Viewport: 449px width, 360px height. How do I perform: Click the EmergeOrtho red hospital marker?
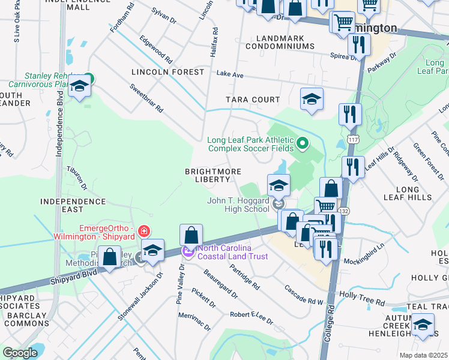143,231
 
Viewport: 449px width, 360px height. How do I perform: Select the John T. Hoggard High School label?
238,205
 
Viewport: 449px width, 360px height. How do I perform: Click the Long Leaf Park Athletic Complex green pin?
303,143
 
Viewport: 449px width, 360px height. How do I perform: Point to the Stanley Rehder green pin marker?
88,77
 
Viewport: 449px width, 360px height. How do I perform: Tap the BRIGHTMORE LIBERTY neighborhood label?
208,175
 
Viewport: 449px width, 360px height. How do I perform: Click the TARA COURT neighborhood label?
253,100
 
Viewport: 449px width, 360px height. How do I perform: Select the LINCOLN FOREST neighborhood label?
168,72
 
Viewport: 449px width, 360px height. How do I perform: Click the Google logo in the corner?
20,353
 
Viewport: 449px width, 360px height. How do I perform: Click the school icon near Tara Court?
312,100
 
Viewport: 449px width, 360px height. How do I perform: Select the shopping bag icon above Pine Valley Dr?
191,235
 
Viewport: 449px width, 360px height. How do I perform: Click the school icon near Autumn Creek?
423,325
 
